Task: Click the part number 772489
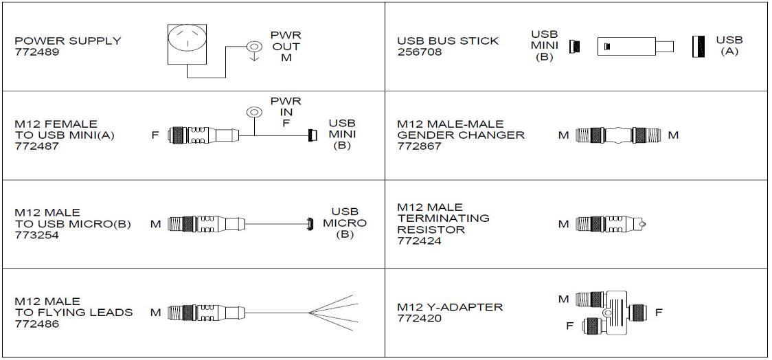[x=34, y=52]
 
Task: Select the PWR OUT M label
[x=286, y=47]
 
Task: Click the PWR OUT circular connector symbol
[x=255, y=47]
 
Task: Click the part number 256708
[x=416, y=52]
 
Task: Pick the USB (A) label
[x=729, y=45]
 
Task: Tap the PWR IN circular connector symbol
[x=255, y=112]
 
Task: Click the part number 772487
[x=34, y=146]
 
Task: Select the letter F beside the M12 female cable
[x=155, y=135]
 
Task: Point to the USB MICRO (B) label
[x=345, y=223]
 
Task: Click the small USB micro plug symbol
[x=310, y=224]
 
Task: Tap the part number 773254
[x=34, y=235]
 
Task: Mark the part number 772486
[x=34, y=324]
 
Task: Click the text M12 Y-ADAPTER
[x=450, y=307]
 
